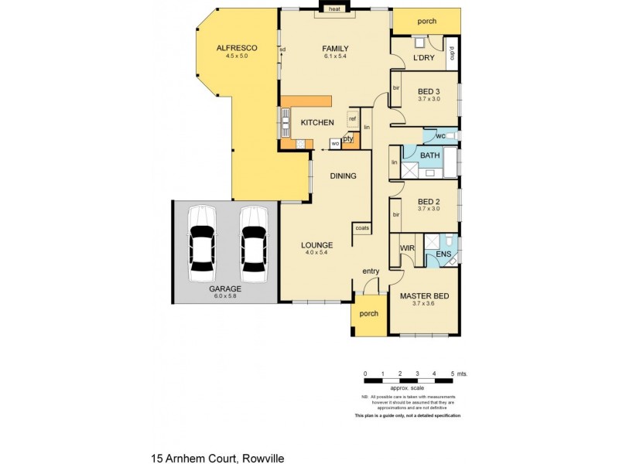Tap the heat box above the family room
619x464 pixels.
(334, 9)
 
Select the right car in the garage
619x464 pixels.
(253, 244)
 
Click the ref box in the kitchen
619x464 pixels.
(352, 118)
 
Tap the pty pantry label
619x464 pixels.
(348, 138)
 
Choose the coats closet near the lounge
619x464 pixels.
(361, 228)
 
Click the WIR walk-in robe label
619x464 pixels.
(406, 248)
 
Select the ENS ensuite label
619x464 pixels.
(443, 253)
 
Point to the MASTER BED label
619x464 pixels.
(424, 296)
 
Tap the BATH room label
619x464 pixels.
(429, 155)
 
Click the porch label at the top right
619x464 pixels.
(427, 21)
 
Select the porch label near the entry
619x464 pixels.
(369, 314)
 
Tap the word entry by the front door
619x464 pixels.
(371, 271)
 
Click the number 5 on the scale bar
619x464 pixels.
(452, 374)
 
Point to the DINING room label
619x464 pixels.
(343, 176)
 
